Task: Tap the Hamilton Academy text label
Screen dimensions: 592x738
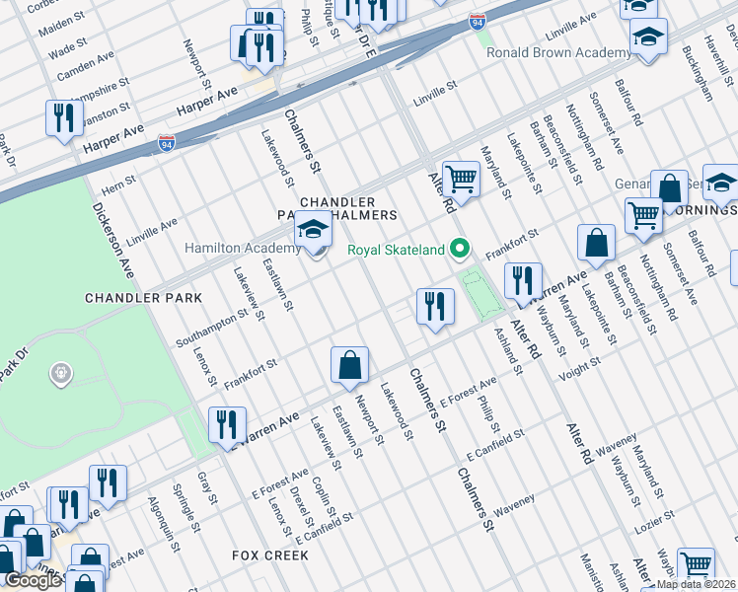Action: [241, 248]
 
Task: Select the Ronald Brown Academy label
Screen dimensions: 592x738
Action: [558, 52]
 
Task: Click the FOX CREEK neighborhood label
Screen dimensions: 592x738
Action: [270, 555]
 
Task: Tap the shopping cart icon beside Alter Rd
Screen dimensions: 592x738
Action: [460, 181]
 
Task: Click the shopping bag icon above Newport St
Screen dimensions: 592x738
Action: [350, 365]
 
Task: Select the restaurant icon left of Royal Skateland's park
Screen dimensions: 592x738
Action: [435, 306]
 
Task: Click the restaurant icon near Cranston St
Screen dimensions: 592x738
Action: [64, 119]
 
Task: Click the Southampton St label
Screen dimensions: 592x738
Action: [212, 329]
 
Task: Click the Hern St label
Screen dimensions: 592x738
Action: [117, 184]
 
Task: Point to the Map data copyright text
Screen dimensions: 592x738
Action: [697, 584]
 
